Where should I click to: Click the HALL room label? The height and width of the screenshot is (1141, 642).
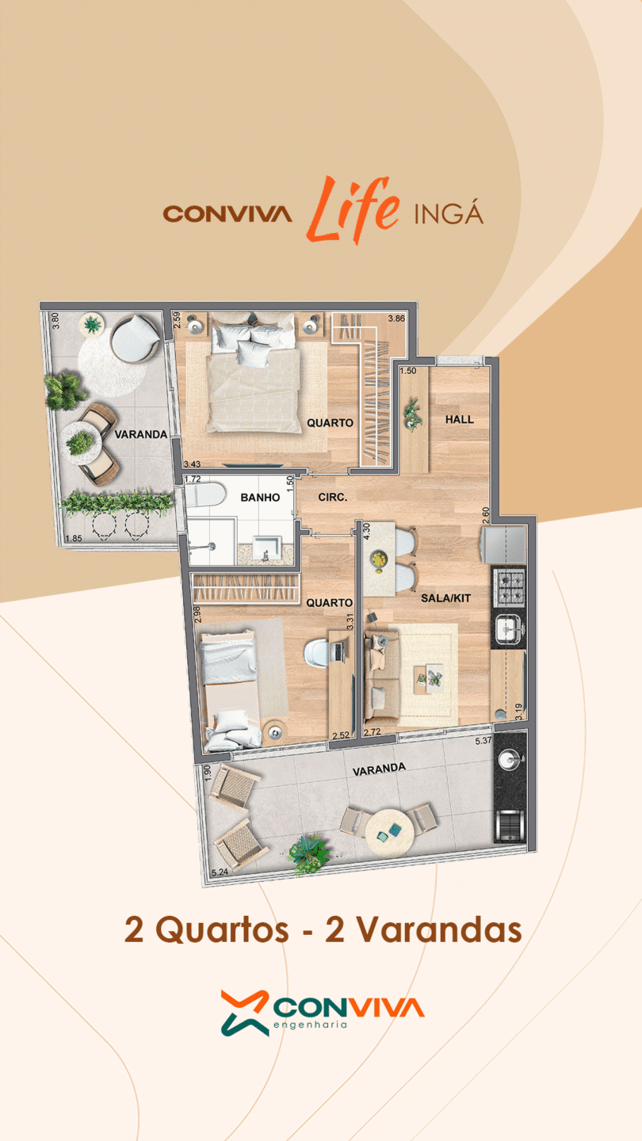[x=459, y=419]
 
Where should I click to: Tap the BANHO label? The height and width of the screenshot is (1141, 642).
[x=260, y=497]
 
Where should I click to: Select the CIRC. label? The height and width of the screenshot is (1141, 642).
[x=333, y=497]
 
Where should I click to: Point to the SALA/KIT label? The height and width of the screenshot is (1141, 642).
[x=445, y=598]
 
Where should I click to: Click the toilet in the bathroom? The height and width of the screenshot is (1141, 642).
[x=204, y=495]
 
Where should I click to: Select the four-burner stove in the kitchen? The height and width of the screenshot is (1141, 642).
[x=509, y=587]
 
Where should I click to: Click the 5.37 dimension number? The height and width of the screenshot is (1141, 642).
[x=483, y=741]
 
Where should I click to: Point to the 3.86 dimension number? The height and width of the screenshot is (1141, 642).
[x=396, y=319]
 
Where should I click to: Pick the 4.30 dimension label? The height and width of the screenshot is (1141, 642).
[x=367, y=531]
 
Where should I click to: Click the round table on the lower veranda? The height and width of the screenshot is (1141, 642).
[x=389, y=832]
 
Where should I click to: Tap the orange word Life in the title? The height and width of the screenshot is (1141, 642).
[x=353, y=209]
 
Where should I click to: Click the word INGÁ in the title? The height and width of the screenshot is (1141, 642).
[x=449, y=213]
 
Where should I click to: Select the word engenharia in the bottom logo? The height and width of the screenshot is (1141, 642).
[x=311, y=1025]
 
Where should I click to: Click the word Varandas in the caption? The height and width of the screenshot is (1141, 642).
[x=439, y=929]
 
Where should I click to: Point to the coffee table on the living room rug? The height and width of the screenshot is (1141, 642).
[x=428, y=679]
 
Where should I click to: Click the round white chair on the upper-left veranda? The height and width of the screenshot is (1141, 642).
[x=135, y=339]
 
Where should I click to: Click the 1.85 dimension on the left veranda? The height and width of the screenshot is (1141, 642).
[x=74, y=538]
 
